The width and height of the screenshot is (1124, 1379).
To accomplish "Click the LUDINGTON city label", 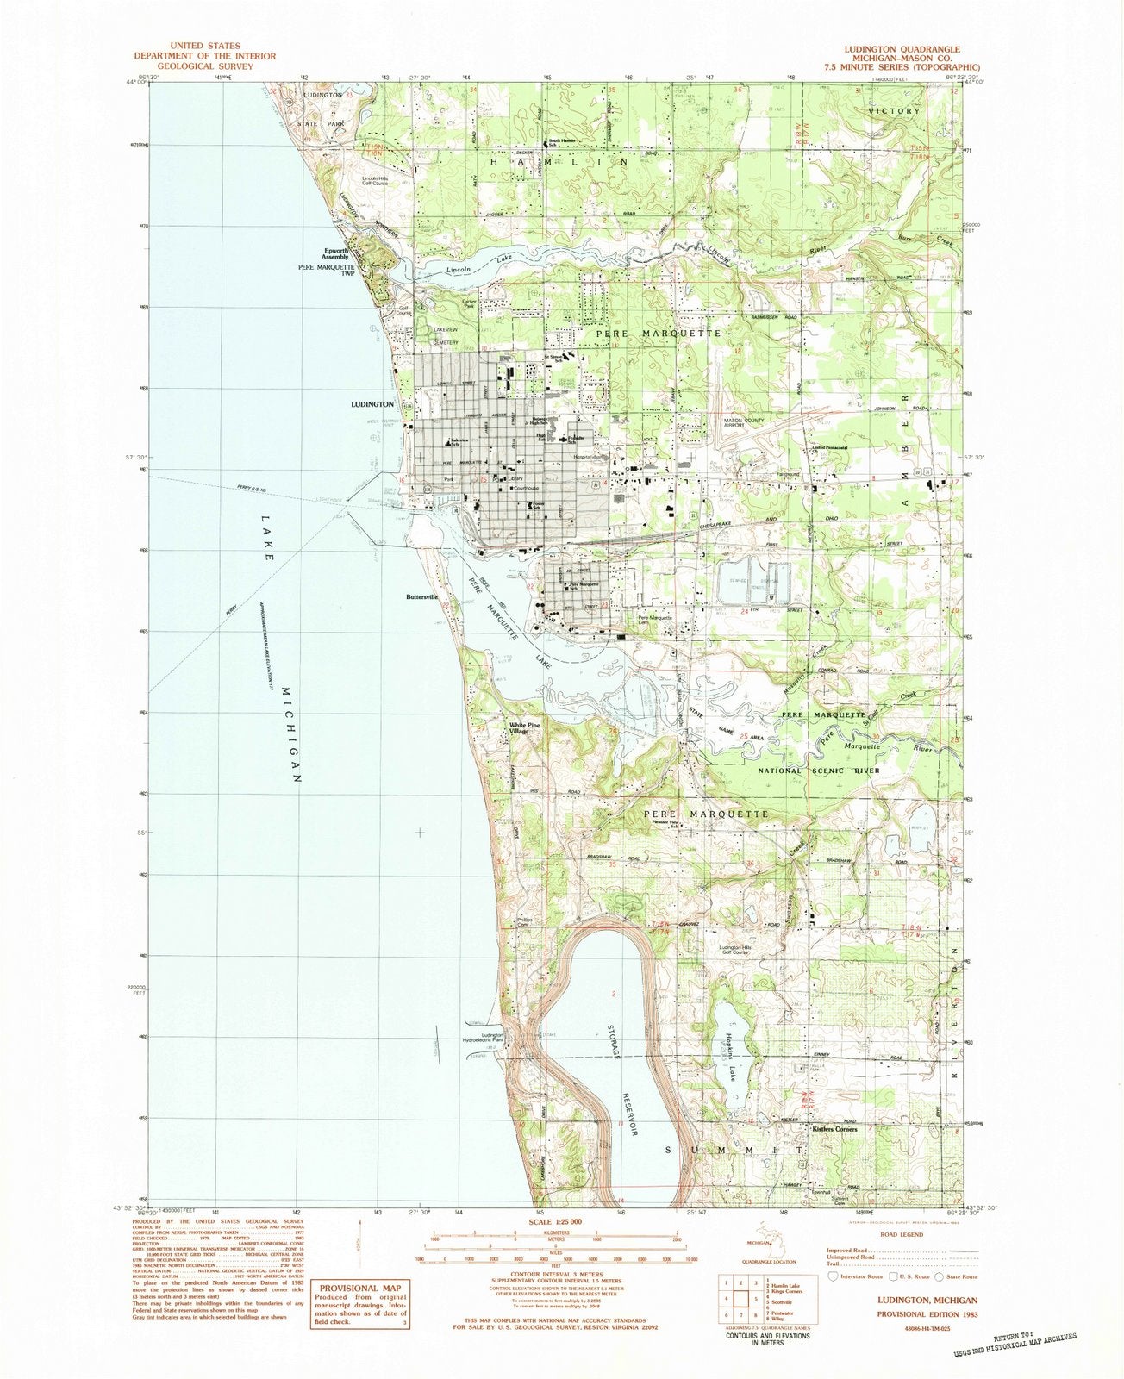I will [372, 403].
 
